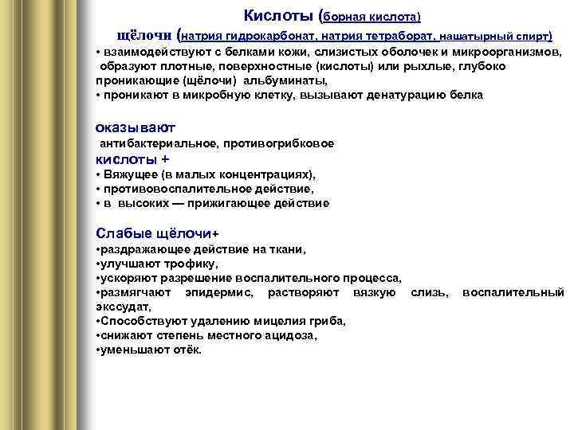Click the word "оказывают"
135,127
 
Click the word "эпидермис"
218,292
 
